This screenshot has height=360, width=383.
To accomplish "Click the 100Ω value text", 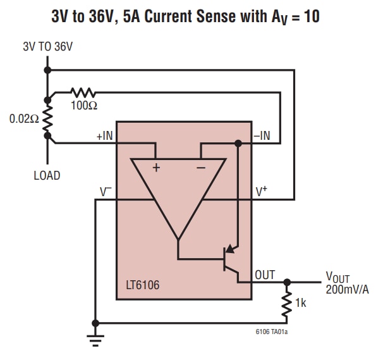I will (x=83, y=106).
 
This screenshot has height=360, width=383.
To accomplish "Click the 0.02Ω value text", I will (x=23, y=119).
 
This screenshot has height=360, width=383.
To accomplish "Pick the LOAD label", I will (x=47, y=175).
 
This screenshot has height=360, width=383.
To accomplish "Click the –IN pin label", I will (x=261, y=135).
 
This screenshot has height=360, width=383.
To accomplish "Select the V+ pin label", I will (x=262, y=190).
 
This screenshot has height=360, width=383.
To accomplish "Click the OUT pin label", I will (x=265, y=275).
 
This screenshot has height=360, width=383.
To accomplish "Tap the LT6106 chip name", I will (x=142, y=285).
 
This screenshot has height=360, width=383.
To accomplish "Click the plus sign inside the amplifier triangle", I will (x=155, y=168).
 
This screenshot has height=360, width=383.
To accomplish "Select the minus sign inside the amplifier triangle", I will (x=200, y=168).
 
